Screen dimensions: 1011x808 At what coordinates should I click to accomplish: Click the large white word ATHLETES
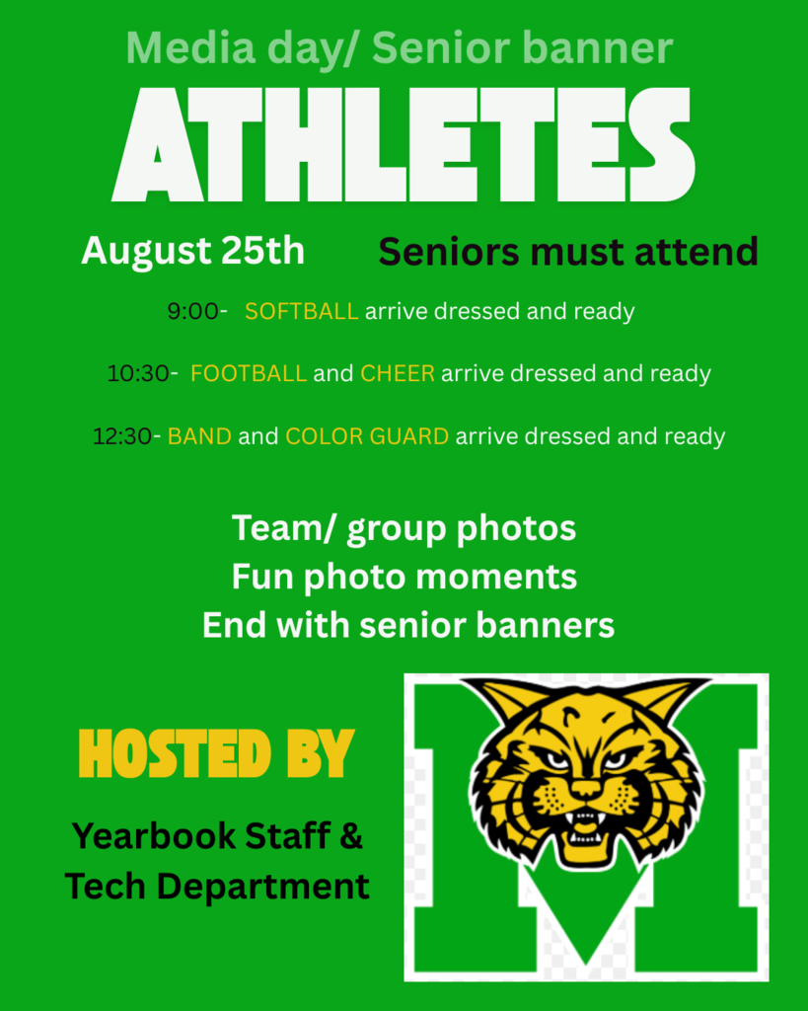click(x=404, y=145)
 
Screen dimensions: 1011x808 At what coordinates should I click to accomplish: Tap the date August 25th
click(x=192, y=251)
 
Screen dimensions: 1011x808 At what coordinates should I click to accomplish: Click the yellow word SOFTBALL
click(x=301, y=312)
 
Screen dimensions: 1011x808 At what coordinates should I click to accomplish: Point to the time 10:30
click(x=137, y=374)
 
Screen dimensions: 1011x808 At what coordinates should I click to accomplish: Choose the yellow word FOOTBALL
click(x=249, y=374)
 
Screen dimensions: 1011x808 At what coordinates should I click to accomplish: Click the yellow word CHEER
click(x=397, y=374)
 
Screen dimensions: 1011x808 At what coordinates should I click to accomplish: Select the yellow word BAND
click(x=199, y=436)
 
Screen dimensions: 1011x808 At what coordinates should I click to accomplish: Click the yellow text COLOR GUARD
click(x=367, y=436)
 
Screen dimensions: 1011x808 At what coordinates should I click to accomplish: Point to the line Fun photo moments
click(x=404, y=577)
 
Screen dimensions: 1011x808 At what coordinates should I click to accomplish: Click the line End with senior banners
click(x=408, y=625)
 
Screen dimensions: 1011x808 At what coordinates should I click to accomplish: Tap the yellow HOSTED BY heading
click(x=216, y=755)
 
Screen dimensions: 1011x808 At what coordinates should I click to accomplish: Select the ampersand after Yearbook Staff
click(x=351, y=837)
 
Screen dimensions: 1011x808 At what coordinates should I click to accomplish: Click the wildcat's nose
click(x=585, y=787)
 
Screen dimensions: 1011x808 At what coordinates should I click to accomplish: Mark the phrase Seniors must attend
click(x=568, y=252)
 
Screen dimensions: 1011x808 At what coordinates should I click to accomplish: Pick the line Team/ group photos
click(x=404, y=528)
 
